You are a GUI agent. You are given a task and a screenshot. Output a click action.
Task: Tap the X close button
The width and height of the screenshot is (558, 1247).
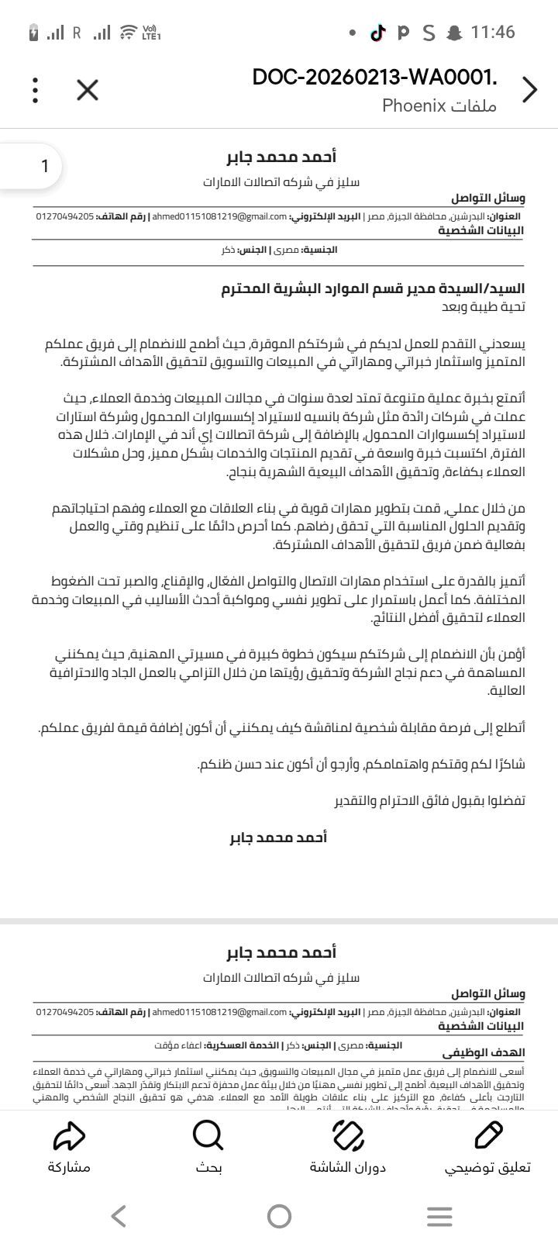point(88,90)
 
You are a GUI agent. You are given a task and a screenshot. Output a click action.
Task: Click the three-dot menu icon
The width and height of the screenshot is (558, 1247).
point(36,90)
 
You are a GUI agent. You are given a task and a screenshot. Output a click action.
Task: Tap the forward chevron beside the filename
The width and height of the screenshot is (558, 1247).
point(530,90)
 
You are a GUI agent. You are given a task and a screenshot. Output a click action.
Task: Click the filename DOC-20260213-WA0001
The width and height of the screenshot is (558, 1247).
point(374,78)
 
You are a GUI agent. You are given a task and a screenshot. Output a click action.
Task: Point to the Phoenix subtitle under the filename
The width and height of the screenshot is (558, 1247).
point(439,105)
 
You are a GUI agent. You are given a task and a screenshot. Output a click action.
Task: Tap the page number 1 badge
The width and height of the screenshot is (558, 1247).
point(45,165)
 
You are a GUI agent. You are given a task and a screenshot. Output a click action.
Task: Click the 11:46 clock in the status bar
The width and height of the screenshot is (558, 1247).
point(492,33)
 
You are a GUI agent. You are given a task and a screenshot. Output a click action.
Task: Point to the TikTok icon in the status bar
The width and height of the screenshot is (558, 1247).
point(377,33)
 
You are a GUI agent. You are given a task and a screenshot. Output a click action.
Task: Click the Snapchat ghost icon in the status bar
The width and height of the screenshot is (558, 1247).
point(454,33)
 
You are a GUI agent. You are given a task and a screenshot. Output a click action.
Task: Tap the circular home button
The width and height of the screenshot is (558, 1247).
point(279,1216)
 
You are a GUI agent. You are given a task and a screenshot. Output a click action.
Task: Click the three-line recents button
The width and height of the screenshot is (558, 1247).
point(439,1216)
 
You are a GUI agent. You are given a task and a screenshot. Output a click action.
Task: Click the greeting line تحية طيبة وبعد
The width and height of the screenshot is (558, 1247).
point(482,307)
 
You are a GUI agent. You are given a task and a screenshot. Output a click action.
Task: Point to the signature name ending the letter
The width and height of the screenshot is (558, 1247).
point(279,838)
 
